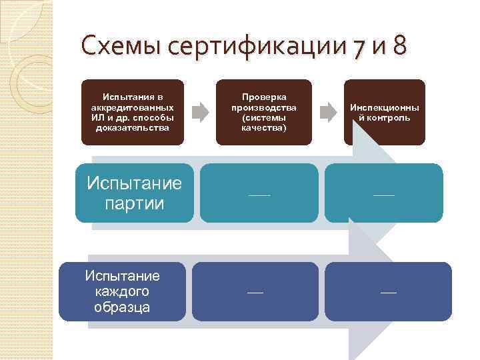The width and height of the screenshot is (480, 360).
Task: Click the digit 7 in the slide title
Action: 360,48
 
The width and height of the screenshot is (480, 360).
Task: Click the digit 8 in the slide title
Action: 399,48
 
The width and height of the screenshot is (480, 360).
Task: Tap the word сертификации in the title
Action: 260,48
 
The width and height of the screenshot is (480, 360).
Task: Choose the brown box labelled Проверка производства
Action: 264,111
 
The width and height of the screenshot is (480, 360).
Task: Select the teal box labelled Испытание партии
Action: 134,193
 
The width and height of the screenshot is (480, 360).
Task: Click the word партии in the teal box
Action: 134,203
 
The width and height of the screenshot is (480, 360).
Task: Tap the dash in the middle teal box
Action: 259,194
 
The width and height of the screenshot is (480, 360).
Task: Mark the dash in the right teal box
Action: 383,194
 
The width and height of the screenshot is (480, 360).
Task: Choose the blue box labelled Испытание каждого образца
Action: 122,291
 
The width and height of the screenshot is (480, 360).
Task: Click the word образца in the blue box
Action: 122,307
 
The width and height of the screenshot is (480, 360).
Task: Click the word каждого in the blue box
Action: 122,291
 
